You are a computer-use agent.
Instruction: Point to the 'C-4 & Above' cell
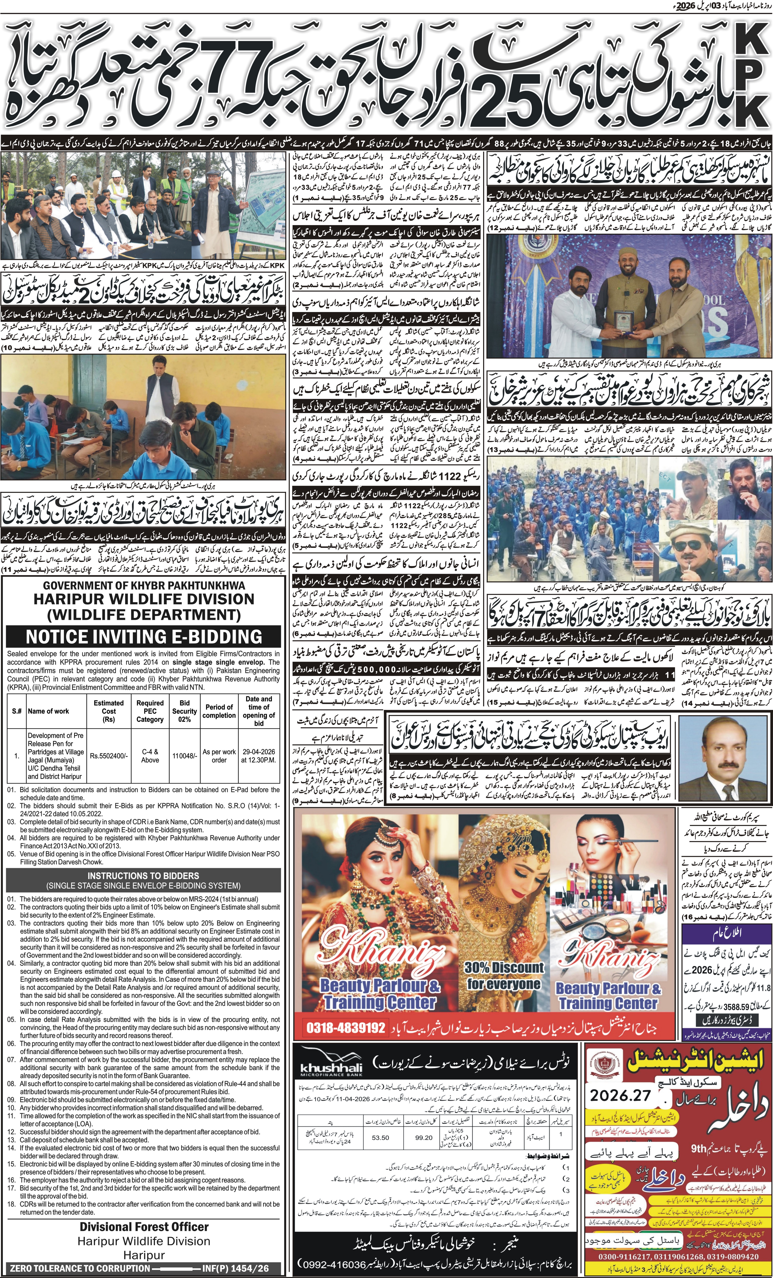tap(150, 756)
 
